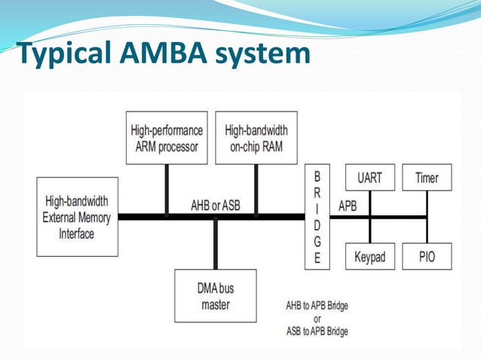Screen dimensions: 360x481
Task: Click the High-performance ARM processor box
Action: click(167, 138)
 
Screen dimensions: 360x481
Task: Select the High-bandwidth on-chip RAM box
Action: click(256, 138)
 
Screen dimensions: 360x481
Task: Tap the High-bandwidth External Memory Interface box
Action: click(78, 217)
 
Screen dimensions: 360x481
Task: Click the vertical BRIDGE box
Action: click(317, 216)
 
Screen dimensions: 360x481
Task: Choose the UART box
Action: click(369, 178)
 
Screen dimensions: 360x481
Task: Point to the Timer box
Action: click(427, 178)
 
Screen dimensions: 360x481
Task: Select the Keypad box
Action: click(369, 257)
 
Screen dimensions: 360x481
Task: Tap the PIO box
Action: click(427, 257)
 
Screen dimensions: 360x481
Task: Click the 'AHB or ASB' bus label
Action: click(215, 205)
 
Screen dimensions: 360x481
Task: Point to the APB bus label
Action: click(348, 205)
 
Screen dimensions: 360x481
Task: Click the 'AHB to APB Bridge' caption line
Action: click(317, 306)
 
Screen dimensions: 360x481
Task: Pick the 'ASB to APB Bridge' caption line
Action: click(317, 331)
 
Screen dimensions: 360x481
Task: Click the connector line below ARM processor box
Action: click(167, 189)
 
